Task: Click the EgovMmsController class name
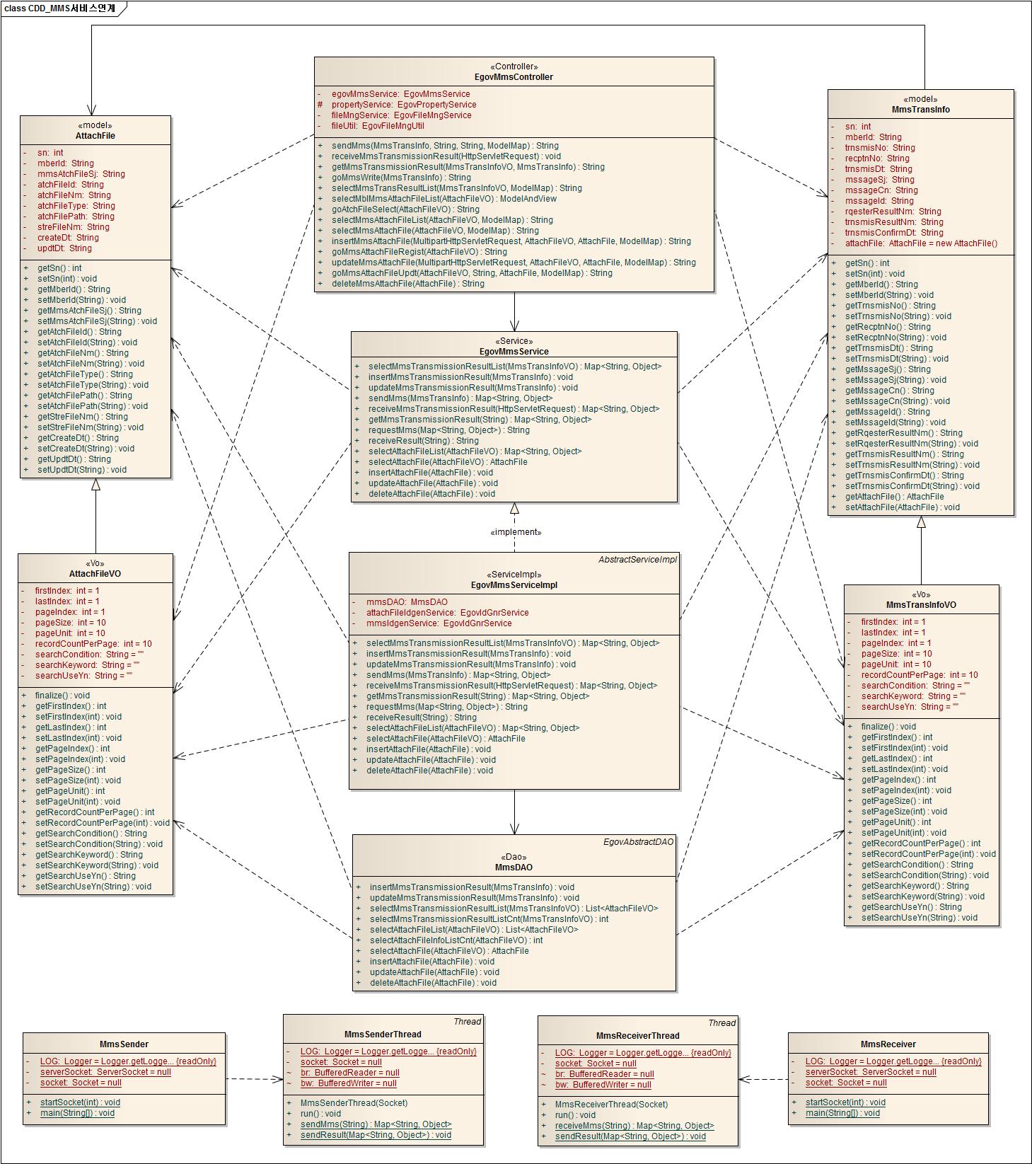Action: [x=514, y=77]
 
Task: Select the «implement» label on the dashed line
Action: [x=515, y=532]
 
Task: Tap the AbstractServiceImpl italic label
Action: [x=637, y=560]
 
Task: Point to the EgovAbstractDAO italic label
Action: [x=638, y=842]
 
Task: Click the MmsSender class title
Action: [x=124, y=1044]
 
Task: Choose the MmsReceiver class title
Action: [x=888, y=1044]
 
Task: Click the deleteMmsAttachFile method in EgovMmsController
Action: [x=407, y=284]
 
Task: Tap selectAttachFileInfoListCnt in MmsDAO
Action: [x=456, y=940]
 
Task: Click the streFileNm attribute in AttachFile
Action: [x=73, y=227]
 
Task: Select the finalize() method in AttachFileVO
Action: [x=62, y=696]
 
